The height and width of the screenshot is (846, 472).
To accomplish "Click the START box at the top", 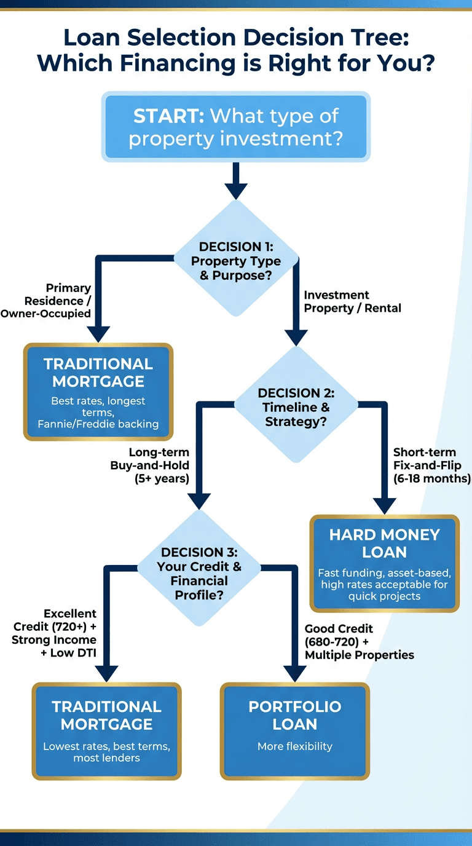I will (x=236, y=127).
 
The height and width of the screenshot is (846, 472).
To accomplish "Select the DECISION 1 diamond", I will (x=236, y=261).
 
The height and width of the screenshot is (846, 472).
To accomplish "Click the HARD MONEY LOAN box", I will (x=384, y=563).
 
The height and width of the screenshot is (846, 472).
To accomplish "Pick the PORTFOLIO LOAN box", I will (x=295, y=730).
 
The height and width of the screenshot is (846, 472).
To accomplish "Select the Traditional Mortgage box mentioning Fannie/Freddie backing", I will (x=98, y=392).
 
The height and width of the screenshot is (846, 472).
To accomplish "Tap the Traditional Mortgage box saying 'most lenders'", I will (x=106, y=731).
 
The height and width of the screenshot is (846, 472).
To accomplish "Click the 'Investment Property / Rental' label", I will (x=352, y=302).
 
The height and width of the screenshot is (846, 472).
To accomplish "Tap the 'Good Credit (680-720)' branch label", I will (x=360, y=642).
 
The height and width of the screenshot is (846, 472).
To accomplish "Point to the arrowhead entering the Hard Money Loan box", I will (x=385, y=505).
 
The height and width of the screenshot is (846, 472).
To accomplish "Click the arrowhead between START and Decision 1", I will (x=236, y=191).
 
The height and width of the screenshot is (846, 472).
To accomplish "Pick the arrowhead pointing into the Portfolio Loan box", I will (x=295, y=673).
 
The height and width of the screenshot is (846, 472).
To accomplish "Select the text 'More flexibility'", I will (x=295, y=746).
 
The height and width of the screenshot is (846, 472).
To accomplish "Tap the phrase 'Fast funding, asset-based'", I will (x=384, y=573).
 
